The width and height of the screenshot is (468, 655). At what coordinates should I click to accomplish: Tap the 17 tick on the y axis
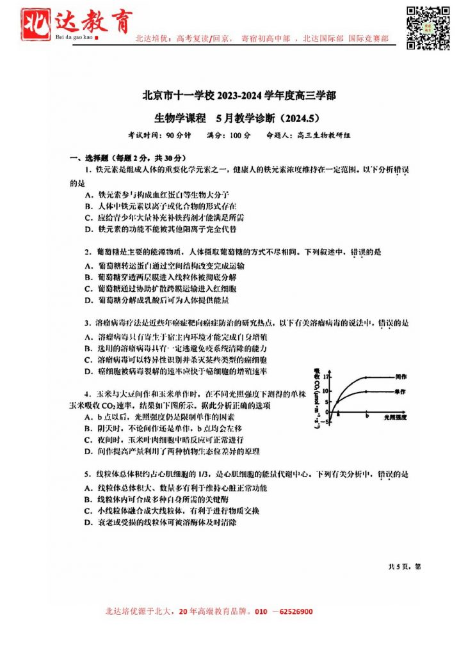[x=327, y=378]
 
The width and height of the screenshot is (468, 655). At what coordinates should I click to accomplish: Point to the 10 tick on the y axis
[x=327, y=391]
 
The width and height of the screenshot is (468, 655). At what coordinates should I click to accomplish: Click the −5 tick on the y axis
[x=326, y=422]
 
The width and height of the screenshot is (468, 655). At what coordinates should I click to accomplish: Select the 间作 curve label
[x=402, y=377]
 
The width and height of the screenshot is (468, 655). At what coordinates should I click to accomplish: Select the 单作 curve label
[x=402, y=391]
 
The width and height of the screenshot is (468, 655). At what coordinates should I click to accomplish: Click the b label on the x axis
[x=366, y=416]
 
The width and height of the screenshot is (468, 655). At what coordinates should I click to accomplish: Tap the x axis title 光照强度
[x=396, y=416]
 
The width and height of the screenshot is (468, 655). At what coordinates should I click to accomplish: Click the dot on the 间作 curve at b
[x=366, y=378]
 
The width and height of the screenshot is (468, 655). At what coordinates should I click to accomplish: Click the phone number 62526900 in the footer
[x=293, y=612]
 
